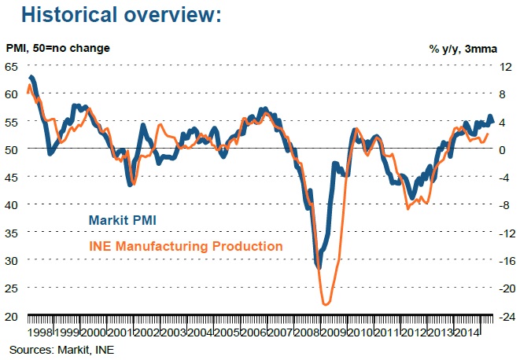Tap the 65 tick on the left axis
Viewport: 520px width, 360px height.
11,67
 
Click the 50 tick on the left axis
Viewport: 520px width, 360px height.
11,149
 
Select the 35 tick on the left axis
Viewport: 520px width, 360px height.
11,233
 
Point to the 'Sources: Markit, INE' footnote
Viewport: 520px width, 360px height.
61,348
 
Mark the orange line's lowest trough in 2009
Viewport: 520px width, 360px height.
325,303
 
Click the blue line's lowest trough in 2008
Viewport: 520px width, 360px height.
319,267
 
